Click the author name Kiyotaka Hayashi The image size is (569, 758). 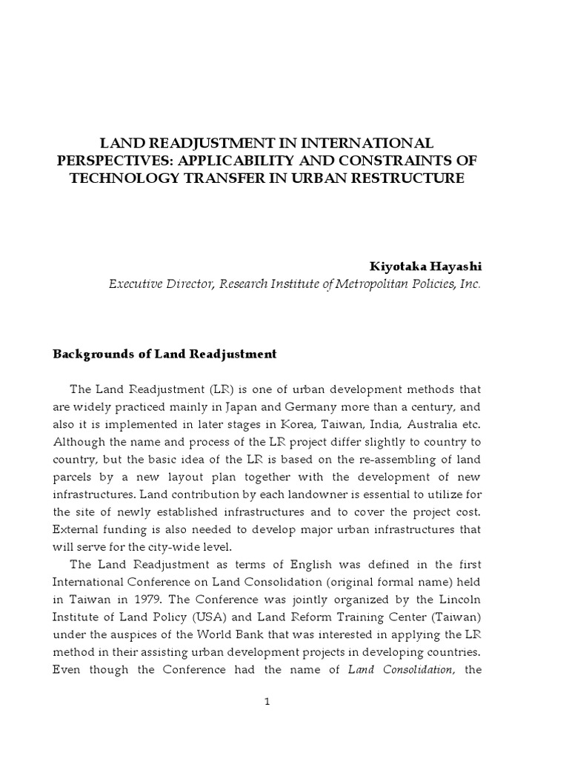coord(425,266)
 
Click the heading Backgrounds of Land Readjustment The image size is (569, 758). coord(164,354)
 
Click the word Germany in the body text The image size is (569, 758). coord(319,406)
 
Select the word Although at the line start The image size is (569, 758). coord(80,442)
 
